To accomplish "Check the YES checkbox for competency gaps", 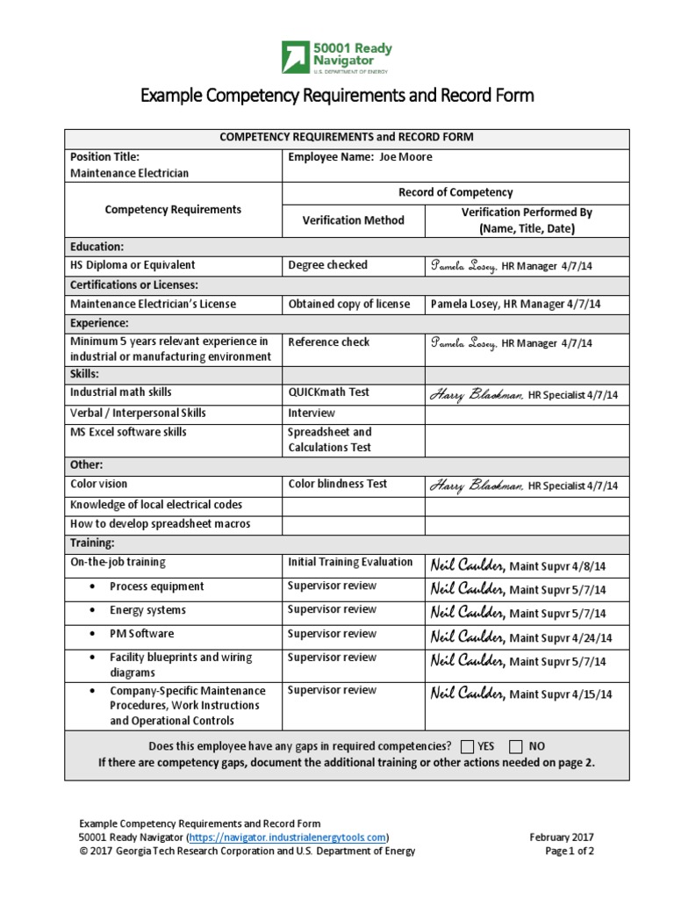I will coord(466,746).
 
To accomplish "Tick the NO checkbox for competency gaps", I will coord(515,746).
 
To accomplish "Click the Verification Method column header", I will coord(353,220).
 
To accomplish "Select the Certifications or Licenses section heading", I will coord(133,284).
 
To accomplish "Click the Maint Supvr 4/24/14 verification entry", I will coord(521,637).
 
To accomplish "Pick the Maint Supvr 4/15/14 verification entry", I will coord(521,694).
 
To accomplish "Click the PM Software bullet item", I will coord(141,634).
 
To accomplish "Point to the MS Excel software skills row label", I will coord(128,433).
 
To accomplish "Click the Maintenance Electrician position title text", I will coord(129,174).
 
